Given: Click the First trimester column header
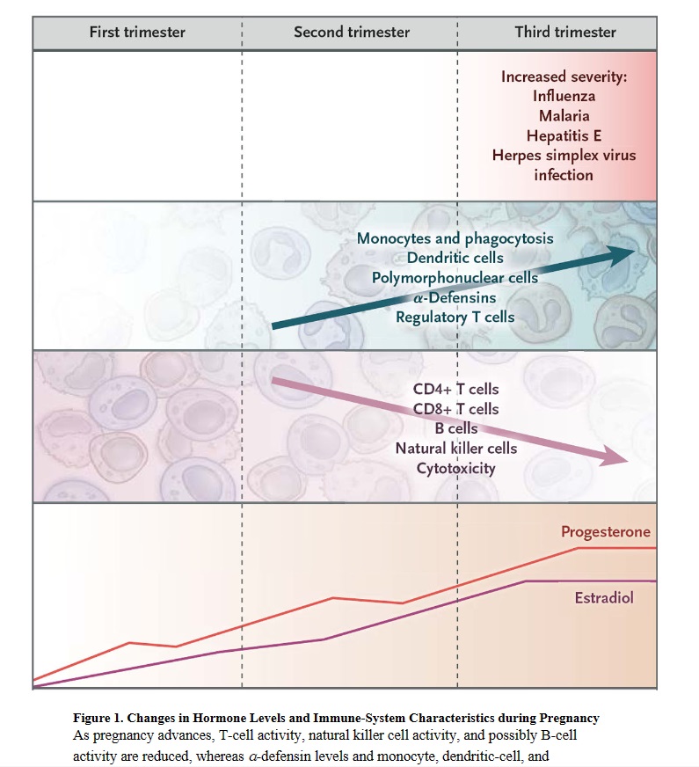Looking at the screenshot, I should pos(137,33).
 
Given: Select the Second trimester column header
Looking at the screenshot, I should pos(352,33).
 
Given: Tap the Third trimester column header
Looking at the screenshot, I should pos(565,33).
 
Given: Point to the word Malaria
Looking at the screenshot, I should pos(564,115).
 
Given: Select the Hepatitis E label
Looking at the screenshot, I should pos(564,135).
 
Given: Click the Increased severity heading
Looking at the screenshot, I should pos(564,77).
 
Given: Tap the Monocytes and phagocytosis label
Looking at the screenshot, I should pos(455,238).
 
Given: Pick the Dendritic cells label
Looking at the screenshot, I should pos(455,258).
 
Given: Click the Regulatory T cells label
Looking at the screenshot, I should pos(455,317).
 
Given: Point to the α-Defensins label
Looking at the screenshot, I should pos(455,297).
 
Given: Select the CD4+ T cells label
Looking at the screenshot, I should pos(455,389).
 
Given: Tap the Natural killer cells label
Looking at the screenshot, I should pos(455,449).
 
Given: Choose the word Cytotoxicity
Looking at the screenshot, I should pos(455,468).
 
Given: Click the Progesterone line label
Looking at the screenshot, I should pos(606,532).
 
